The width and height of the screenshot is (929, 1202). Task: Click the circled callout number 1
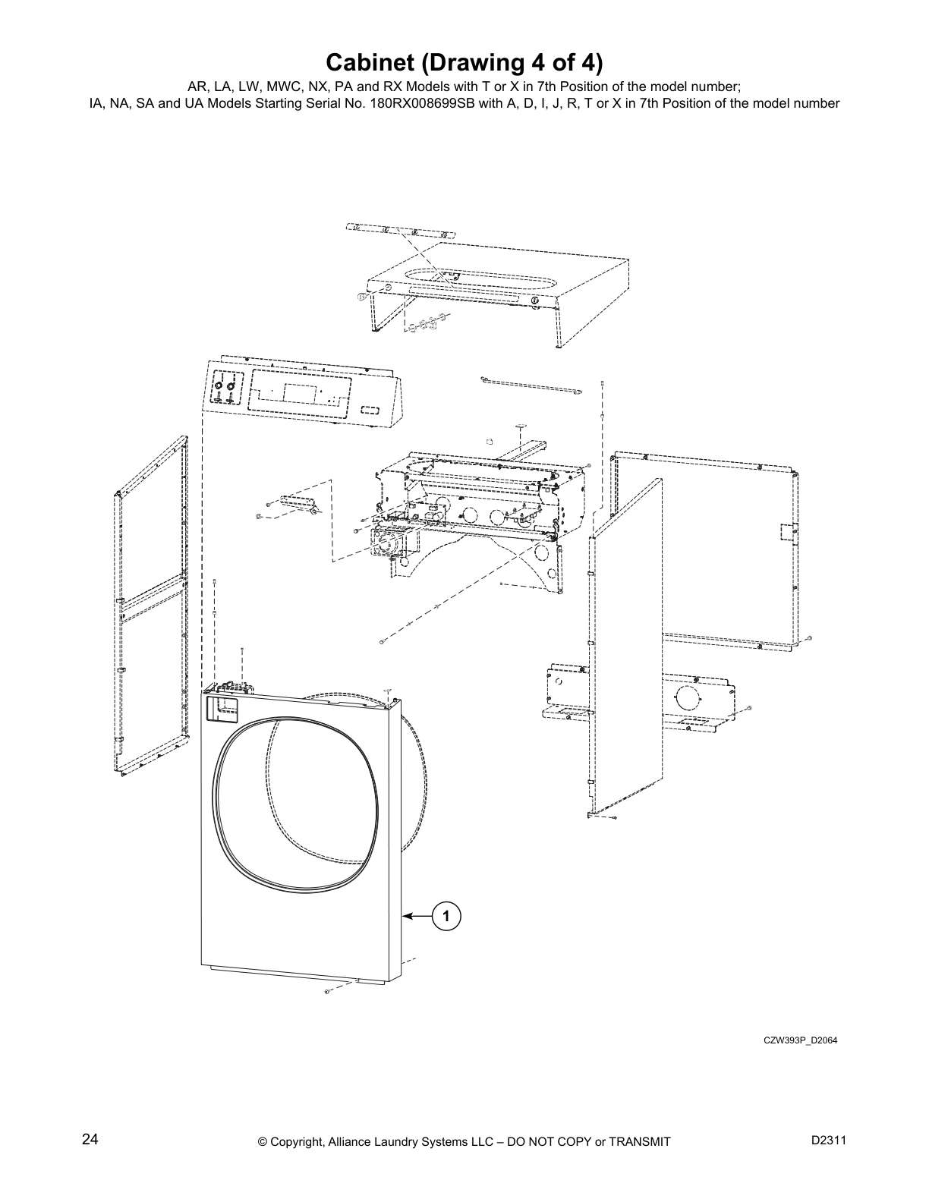[447, 917]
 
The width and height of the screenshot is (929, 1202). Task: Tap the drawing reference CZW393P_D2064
[800, 1040]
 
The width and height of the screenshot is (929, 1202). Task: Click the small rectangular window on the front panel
[222, 710]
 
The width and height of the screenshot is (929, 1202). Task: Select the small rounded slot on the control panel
[370, 409]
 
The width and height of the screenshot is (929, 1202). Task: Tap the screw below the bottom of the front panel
[326, 992]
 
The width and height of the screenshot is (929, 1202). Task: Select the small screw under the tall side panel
[614, 818]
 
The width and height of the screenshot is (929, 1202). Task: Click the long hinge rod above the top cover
[398, 230]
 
